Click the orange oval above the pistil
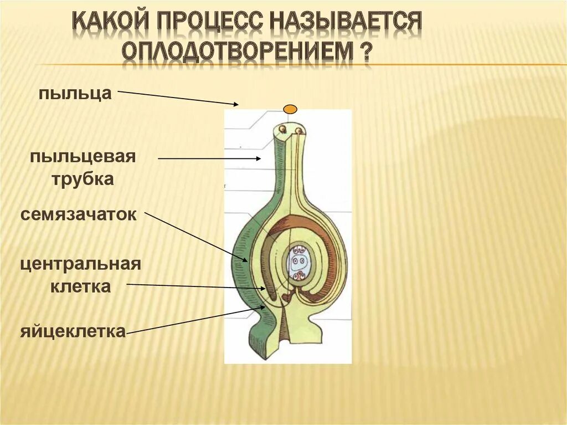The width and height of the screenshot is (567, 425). point(290,109)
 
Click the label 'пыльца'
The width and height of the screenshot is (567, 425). point(75,93)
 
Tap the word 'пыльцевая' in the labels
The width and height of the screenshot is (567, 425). point(83,156)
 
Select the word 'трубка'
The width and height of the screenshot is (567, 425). point(83,179)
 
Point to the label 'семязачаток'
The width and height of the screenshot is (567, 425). point(79,214)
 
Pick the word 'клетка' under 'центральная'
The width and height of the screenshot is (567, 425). point(81,286)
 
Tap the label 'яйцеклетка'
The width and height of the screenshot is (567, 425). point(74,332)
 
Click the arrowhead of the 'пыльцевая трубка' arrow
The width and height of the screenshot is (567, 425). point(259,159)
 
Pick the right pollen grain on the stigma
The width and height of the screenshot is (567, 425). point(299,131)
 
